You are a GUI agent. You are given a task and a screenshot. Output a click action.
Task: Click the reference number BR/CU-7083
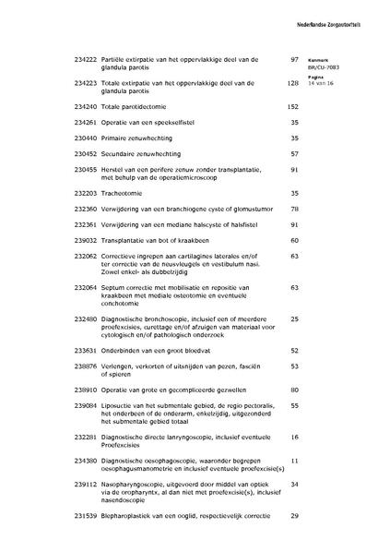point(325,66)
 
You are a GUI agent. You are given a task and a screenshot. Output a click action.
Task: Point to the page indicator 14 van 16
point(322,83)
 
